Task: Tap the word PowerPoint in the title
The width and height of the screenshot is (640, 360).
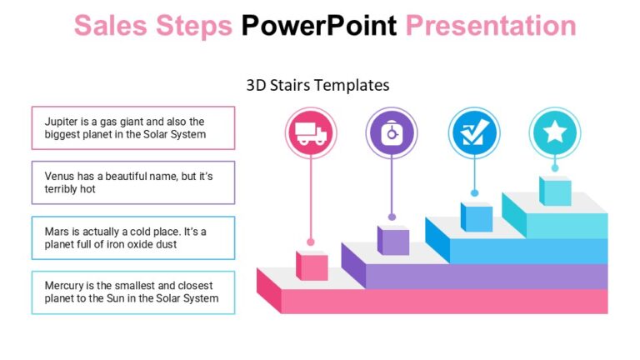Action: [319, 26]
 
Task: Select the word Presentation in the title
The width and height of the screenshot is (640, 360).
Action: [491, 26]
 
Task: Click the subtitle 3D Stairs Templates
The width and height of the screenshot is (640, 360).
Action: [318, 85]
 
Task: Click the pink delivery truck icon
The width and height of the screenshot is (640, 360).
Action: [311, 132]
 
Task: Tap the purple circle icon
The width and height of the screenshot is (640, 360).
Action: [391, 132]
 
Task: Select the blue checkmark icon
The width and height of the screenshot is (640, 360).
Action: [473, 132]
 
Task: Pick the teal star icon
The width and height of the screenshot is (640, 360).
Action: [554, 132]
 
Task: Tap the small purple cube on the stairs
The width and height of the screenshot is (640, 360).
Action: [393, 240]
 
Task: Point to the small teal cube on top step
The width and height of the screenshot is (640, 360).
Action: [555, 190]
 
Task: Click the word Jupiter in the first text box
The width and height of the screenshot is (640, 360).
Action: [62, 122]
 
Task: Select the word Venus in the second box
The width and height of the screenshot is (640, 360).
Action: [61, 177]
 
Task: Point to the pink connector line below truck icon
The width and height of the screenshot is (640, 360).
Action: [311, 200]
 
